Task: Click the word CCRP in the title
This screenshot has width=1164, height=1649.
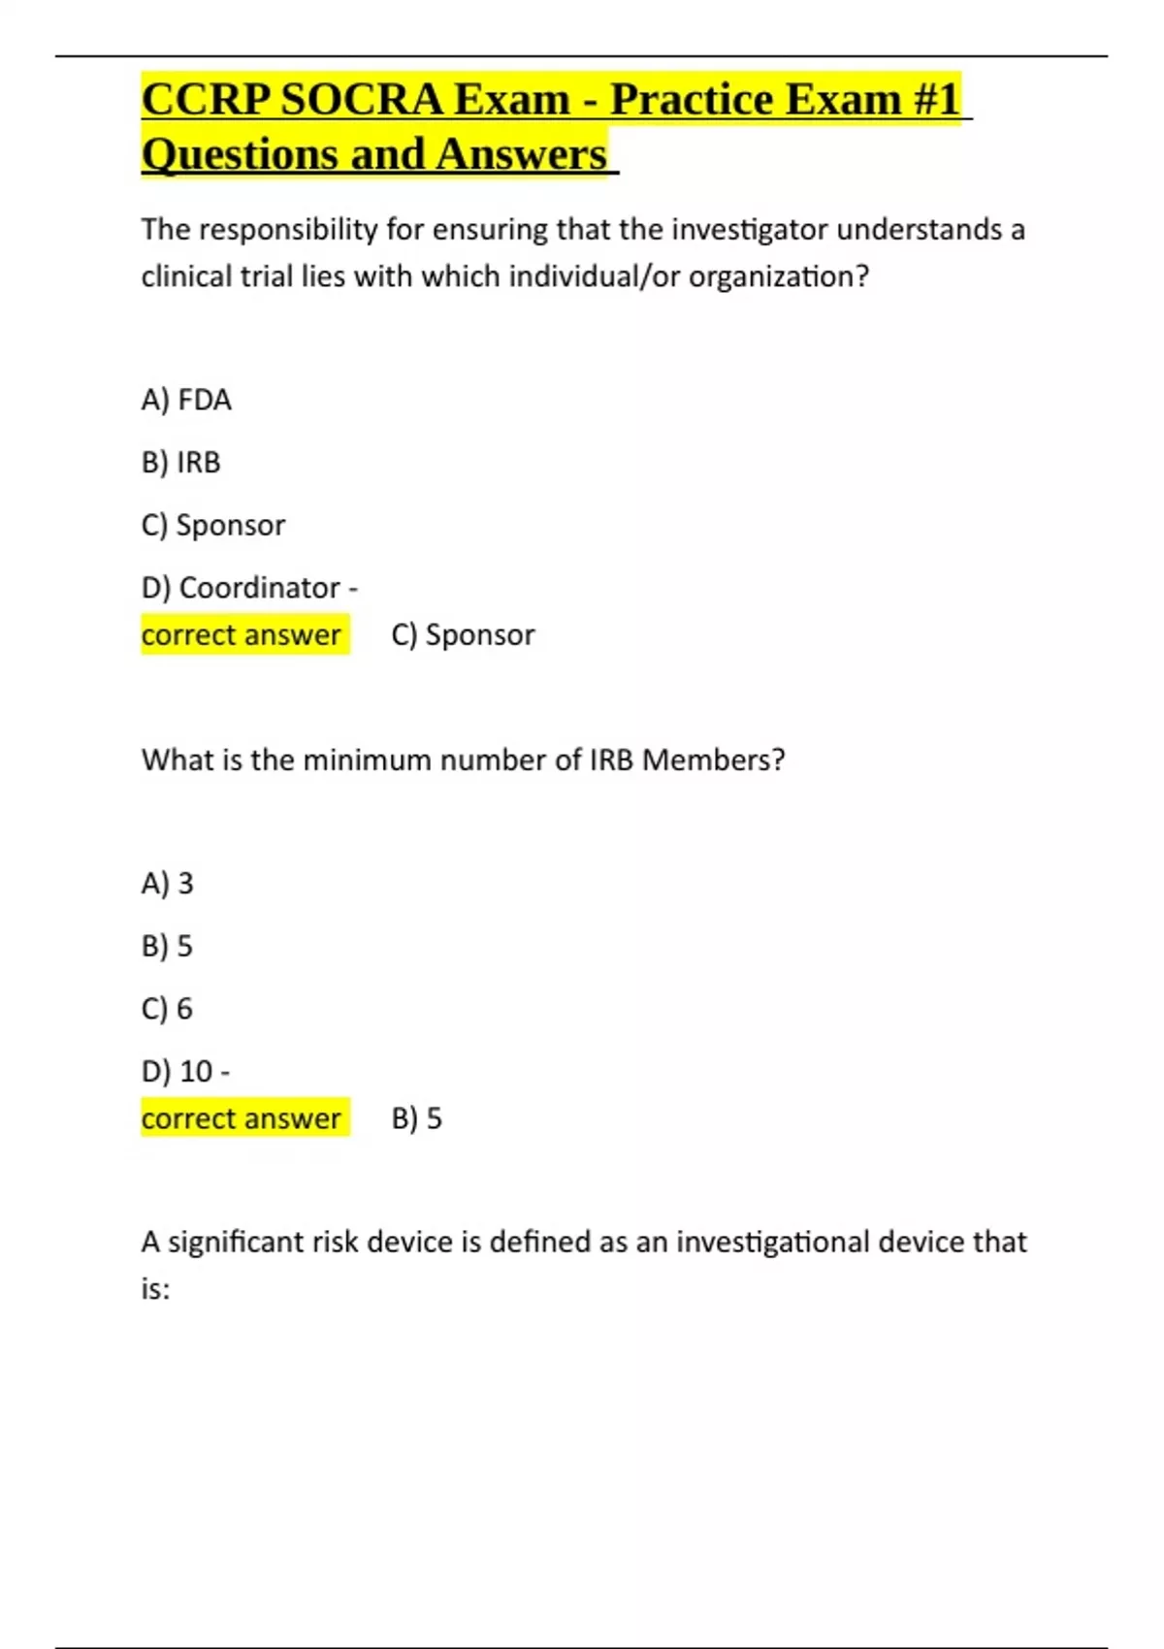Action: [x=206, y=100]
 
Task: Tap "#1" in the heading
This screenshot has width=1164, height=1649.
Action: [x=935, y=100]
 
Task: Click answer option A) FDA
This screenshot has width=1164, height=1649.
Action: [x=186, y=401]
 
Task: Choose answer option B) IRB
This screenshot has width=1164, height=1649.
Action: [x=181, y=463]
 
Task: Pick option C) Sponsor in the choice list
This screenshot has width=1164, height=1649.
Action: [x=213, y=526]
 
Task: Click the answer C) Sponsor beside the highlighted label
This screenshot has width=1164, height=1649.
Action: [x=463, y=635]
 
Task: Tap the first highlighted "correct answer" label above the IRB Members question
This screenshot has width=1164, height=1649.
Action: [x=242, y=635]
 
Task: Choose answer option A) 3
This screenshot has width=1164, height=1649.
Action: [x=168, y=884]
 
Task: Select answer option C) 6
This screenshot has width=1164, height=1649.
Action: [x=168, y=1009]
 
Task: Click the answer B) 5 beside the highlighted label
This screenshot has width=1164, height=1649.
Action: [x=417, y=1119]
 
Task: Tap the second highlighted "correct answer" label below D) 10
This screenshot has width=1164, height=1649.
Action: [x=242, y=1119]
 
